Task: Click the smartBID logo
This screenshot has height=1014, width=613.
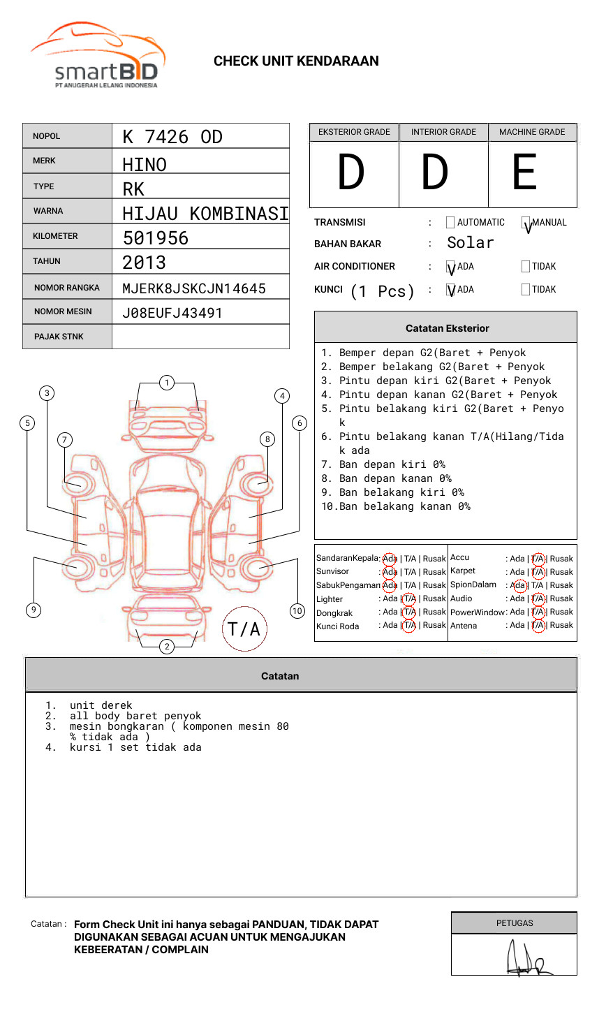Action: pos(98,56)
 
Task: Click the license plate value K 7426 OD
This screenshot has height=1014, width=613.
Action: pos(172,137)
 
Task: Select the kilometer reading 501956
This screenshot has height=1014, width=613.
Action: pos(156,238)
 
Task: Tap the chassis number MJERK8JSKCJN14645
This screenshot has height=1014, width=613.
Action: pos(194,288)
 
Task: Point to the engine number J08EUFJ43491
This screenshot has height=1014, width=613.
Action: pos(172,313)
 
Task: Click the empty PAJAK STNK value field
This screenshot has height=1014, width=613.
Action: pos(200,337)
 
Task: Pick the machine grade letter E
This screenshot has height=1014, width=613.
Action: pos(525,172)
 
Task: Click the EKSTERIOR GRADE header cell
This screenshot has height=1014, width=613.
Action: pos(354,132)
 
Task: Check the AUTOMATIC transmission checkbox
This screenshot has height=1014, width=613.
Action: pos(450,223)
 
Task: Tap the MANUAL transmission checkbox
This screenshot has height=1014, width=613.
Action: pos(526,223)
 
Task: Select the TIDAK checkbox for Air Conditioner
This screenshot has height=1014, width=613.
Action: pos(526,266)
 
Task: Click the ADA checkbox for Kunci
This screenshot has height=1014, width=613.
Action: pos(450,289)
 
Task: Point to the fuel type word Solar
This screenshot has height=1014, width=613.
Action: pos(471,243)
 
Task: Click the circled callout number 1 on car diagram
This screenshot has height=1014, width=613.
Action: pos(166,382)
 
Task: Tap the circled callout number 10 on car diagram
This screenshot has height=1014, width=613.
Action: pos(297,611)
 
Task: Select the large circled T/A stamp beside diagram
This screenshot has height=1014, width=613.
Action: pos(244,629)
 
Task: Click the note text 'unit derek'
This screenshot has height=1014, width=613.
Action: pos(101,705)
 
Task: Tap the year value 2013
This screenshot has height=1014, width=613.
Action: pos(145,263)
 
